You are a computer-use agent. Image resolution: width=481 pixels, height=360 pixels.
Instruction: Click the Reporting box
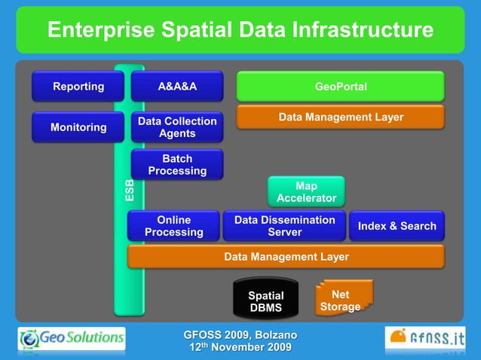point(78,87)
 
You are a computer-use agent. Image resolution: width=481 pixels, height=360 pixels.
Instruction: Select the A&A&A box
point(177,87)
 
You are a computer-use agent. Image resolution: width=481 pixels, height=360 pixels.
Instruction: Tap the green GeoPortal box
point(341,87)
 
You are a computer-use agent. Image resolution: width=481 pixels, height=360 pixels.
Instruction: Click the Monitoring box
point(78,127)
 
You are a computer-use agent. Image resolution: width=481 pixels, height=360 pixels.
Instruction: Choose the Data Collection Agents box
point(177,127)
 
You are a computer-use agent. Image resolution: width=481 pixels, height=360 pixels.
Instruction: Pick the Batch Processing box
point(177,165)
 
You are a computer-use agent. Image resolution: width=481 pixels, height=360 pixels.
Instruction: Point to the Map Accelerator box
point(306,192)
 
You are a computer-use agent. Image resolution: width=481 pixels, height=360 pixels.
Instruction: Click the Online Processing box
point(173,226)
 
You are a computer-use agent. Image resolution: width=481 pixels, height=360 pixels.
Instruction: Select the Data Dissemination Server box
point(284,226)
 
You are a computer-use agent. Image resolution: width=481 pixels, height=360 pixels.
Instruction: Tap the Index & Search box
point(397,226)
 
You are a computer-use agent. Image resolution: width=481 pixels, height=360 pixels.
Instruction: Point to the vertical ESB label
point(130,190)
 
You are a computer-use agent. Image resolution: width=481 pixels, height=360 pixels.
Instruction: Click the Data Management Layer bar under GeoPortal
point(341,117)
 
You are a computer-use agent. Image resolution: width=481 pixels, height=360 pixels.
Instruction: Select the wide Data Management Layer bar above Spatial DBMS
point(286,257)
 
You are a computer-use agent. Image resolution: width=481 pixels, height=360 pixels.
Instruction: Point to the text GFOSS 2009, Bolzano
point(240,334)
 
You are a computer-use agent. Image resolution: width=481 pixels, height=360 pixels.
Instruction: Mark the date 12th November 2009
point(240,347)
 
